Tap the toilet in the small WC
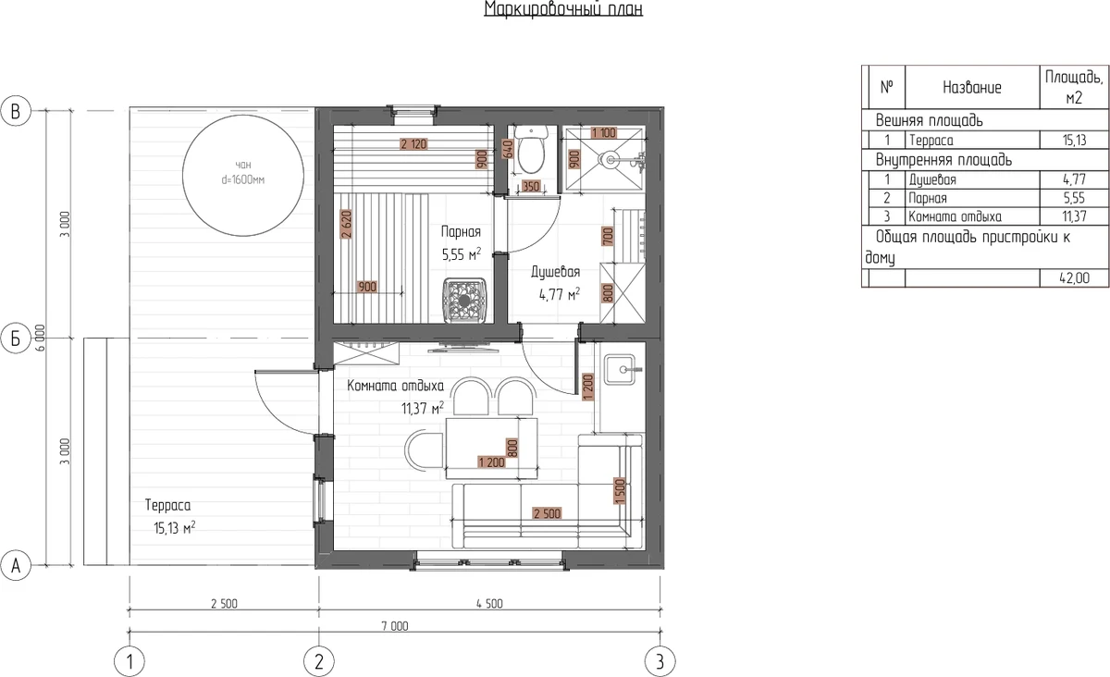[x=531, y=150]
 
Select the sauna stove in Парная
[x=464, y=301]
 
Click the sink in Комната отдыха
[x=620, y=370]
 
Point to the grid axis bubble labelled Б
[x=16, y=338]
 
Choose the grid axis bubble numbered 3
[x=660, y=661]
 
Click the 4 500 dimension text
[x=489, y=604]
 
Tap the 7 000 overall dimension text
[x=395, y=626]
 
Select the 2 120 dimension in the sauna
[x=413, y=144]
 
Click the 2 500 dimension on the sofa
[x=547, y=513]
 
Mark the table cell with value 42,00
[x=1074, y=278]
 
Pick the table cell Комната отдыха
[x=955, y=216]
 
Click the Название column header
[x=972, y=87]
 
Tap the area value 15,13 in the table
[x=1074, y=141]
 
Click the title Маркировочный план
[x=563, y=8]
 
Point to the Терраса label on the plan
[x=167, y=506]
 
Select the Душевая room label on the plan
[x=556, y=272]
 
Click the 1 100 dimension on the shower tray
[x=603, y=133]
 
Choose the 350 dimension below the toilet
[x=531, y=186]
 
